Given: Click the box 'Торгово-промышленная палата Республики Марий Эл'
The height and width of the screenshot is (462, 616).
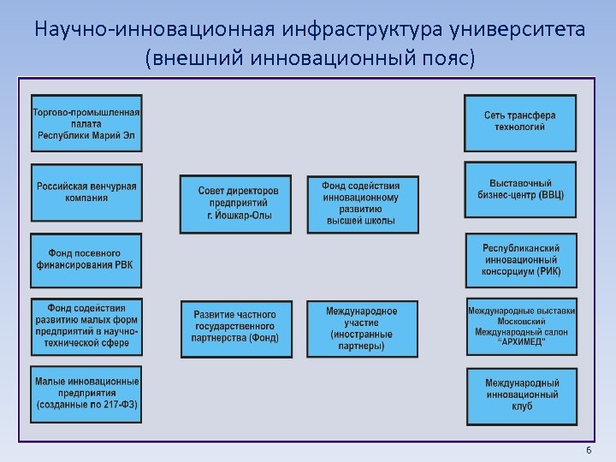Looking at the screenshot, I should click(86, 122).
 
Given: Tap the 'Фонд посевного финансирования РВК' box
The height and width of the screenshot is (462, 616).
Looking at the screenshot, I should click(86, 258).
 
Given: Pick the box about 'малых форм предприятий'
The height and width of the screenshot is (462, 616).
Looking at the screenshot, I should click(86, 324).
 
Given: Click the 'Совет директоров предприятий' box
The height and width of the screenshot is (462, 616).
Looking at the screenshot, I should click(235, 203).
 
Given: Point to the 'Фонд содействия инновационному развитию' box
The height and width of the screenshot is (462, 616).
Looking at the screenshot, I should click(360, 203).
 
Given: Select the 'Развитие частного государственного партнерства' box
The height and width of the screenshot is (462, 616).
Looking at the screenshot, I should click(235, 328).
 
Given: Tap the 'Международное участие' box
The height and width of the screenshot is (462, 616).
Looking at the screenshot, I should click(360, 328).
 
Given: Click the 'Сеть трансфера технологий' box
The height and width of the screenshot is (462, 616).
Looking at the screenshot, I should click(520, 121).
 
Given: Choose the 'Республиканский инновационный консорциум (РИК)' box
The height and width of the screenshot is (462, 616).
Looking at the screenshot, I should click(520, 259).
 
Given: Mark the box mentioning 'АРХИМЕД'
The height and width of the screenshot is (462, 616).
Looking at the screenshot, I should click(520, 325).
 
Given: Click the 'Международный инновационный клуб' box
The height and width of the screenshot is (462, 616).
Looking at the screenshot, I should click(520, 394).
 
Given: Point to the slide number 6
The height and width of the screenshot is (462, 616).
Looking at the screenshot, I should click(588, 450).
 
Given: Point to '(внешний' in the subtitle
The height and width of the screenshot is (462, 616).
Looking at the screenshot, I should click(186, 59).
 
